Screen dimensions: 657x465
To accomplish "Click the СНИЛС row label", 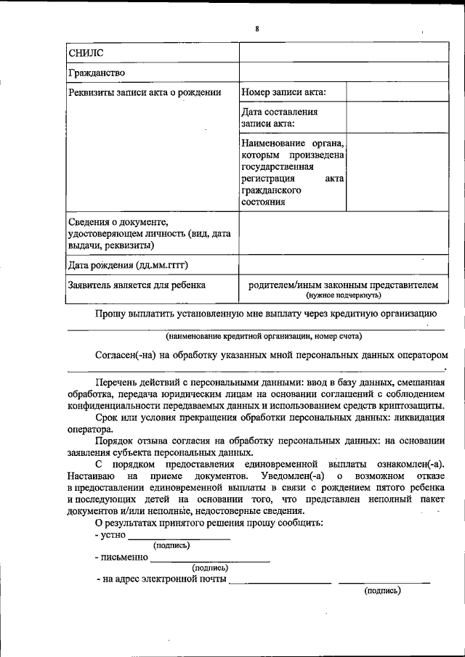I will pyautogui.click(x=86, y=52).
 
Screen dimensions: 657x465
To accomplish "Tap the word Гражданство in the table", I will pyautogui.click(x=97, y=73).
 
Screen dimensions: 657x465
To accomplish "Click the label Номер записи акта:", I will pyautogui.click(x=283, y=92).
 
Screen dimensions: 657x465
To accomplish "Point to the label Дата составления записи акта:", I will pyautogui.click(x=280, y=118).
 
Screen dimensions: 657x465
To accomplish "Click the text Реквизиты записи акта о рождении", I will pyautogui.click(x=144, y=92).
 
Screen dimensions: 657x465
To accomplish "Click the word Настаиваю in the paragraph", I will pyautogui.click(x=91, y=475).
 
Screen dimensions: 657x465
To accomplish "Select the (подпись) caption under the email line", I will pyautogui.click(x=382, y=591).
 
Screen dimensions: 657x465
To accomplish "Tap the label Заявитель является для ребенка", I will pyautogui.click(x=137, y=285).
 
